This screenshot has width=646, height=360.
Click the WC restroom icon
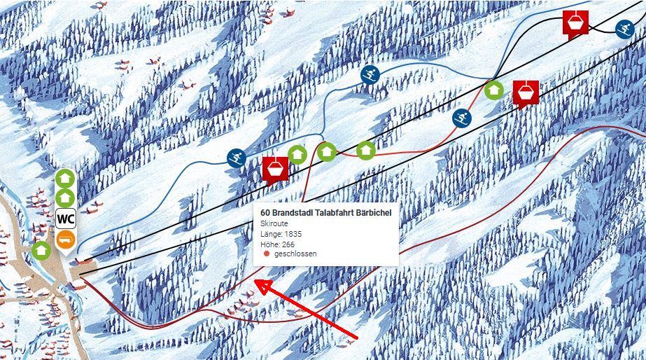click(66, 219)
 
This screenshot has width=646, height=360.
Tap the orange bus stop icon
click(66, 239)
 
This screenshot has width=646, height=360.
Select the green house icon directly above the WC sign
click(65, 198)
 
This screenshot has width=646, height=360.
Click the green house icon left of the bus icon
click(41, 249)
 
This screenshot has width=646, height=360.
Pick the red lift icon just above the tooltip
click(275, 169)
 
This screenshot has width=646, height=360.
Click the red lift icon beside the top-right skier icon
click(575, 22)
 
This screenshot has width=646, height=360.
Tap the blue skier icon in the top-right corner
click(624, 29)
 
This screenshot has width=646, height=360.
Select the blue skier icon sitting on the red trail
click(461, 118)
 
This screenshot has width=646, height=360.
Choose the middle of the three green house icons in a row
click(327, 151)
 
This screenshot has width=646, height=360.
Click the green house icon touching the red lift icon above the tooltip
click(297, 154)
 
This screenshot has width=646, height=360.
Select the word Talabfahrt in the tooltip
click(333, 213)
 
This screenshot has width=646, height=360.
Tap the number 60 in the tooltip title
click(265, 213)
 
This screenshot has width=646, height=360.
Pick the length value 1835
click(293, 234)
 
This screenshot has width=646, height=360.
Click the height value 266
click(288, 244)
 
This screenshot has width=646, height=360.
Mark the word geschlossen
click(295, 254)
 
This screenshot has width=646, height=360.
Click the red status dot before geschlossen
click(266, 254)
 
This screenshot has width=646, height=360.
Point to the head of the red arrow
click(257, 282)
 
